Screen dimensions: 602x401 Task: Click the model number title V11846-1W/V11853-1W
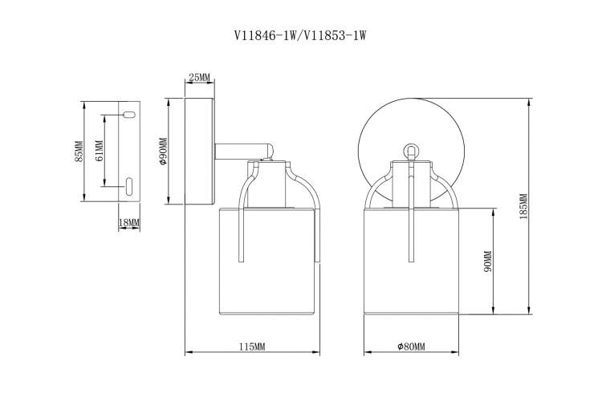click(x=300, y=35)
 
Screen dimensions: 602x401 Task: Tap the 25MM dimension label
click(x=200, y=78)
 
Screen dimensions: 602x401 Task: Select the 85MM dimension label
click(x=79, y=152)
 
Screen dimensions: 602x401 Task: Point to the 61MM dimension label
click(x=99, y=151)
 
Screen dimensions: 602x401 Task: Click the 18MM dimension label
click(x=129, y=223)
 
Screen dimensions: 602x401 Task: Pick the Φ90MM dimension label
click(x=163, y=152)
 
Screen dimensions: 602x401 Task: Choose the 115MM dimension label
click(x=252, y=346)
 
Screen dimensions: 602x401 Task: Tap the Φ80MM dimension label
click(x=411, y=346)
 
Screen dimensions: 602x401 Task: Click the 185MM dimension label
click(x=523, y=206)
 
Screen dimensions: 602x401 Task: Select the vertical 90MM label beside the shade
click(x=487, y=261)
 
